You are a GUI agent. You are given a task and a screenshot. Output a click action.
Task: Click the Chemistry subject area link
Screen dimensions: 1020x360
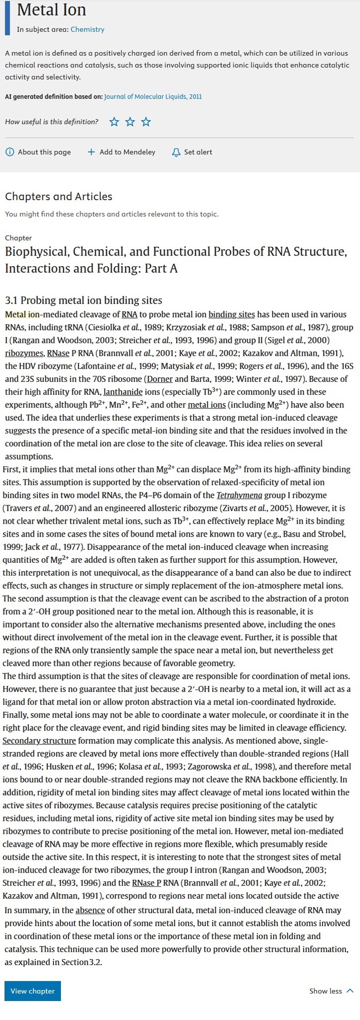point(87,29)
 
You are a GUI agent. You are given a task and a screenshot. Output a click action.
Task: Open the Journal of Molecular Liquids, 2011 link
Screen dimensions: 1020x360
point(153,97)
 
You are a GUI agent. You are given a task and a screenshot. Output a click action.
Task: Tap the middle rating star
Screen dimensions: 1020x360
point(130,122)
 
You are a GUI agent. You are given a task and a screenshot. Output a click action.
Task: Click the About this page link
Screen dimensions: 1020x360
point(38,152)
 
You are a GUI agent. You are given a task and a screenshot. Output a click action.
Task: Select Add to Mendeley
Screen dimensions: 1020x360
point(121,152)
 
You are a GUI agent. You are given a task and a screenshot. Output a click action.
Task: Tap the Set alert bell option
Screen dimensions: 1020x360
point(192,152)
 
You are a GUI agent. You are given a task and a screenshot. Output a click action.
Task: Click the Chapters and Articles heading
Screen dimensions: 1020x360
point(58,196)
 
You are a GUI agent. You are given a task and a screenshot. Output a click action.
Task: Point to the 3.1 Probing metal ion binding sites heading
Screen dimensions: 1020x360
point(83,300)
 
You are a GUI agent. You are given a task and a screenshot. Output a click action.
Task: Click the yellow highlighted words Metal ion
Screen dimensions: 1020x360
point(22,315)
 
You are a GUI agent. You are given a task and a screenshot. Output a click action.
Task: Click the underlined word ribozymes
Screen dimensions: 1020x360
point(24,353)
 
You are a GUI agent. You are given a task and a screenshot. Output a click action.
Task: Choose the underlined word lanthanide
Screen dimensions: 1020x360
point(123,392)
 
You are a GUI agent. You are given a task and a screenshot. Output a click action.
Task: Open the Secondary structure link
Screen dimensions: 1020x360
point(39,741)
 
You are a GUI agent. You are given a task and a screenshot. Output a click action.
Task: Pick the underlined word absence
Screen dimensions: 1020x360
point(90,910)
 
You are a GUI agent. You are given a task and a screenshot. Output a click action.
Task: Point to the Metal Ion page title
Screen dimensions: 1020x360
point(51,10)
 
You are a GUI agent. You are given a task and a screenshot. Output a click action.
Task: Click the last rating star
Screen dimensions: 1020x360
point(146,122)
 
